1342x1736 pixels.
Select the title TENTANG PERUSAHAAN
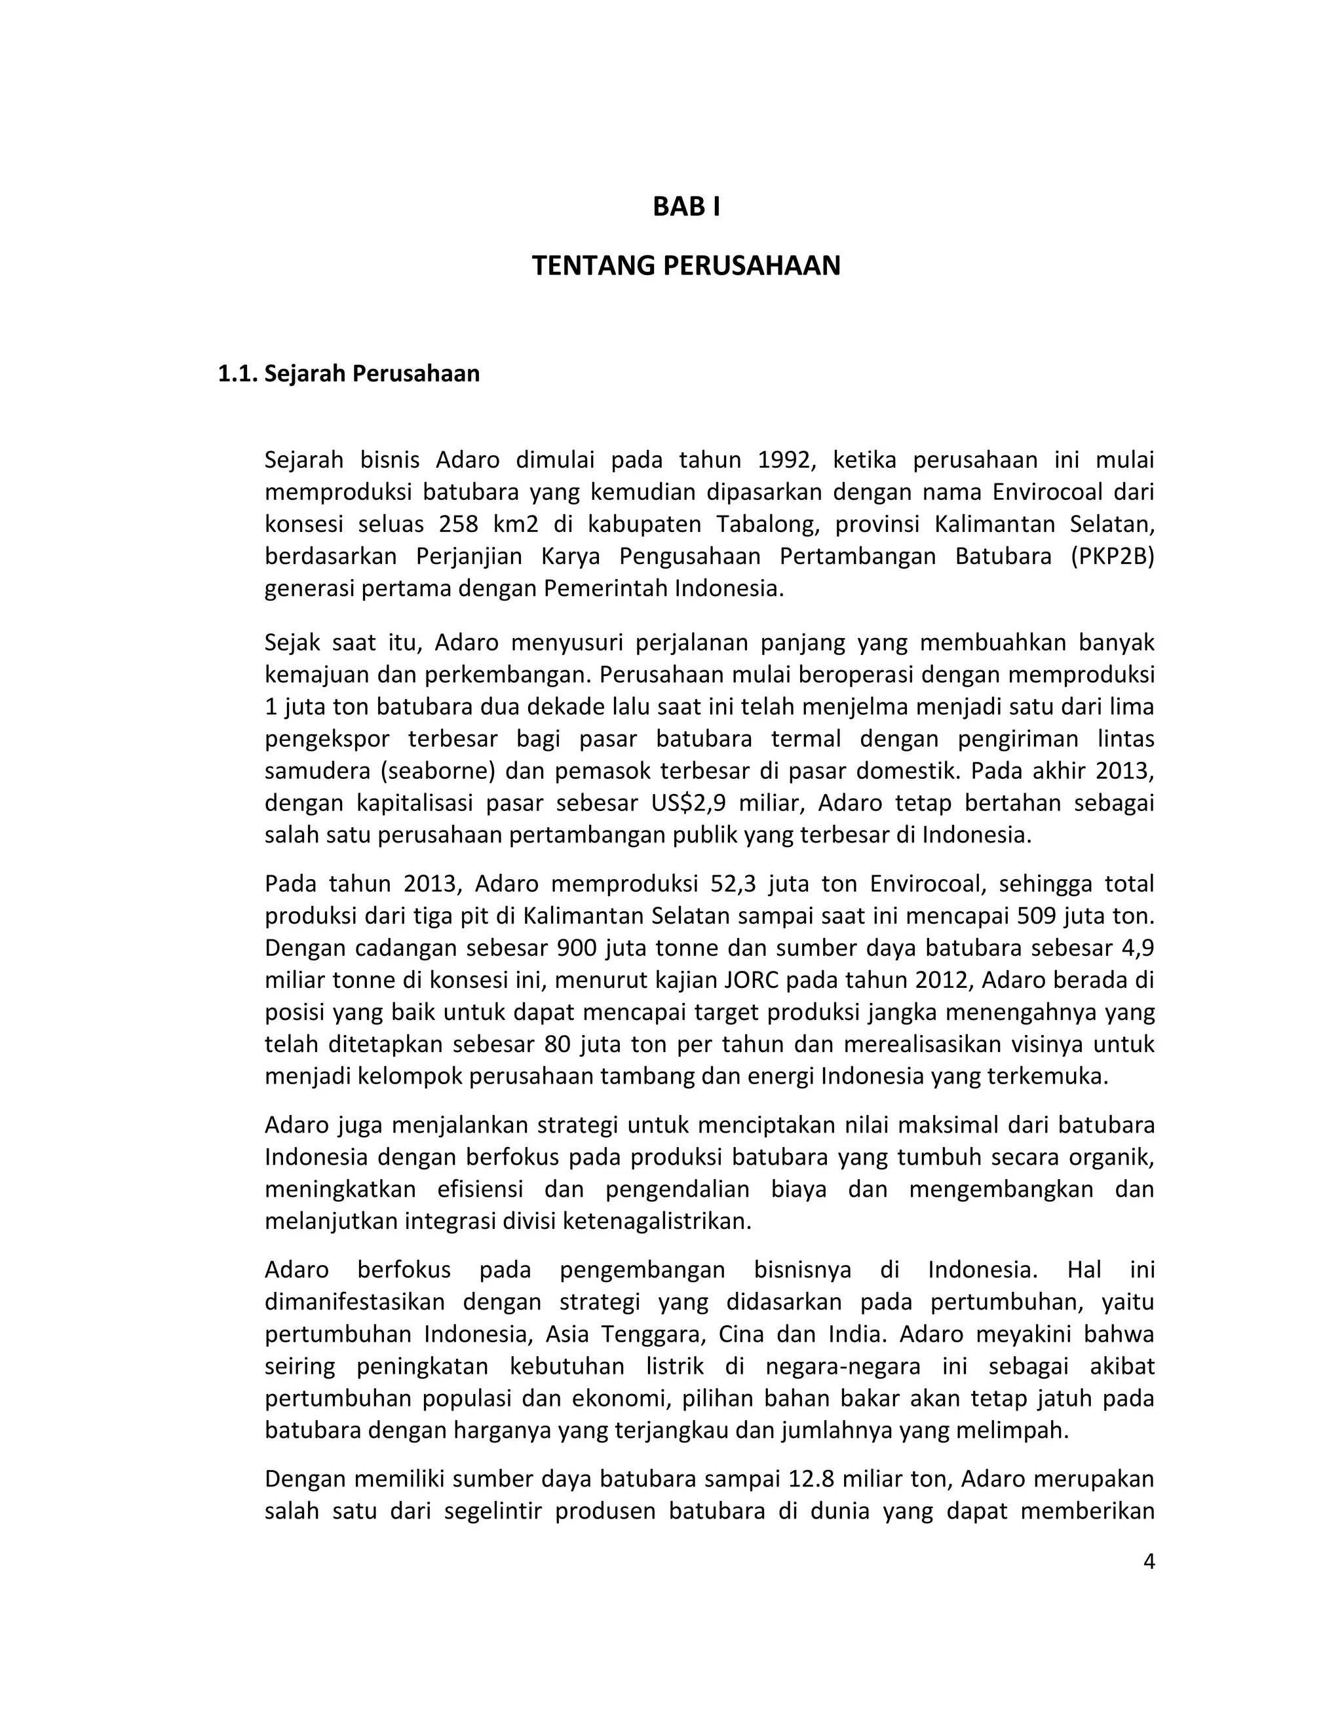click(685, 265)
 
